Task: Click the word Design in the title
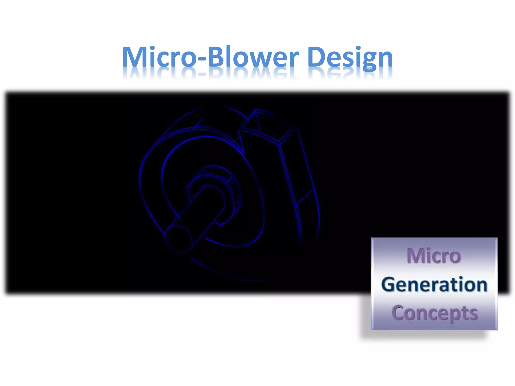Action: click(350, 57)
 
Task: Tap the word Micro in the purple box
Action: click(434, 256)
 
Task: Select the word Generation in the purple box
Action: click(434, 285)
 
